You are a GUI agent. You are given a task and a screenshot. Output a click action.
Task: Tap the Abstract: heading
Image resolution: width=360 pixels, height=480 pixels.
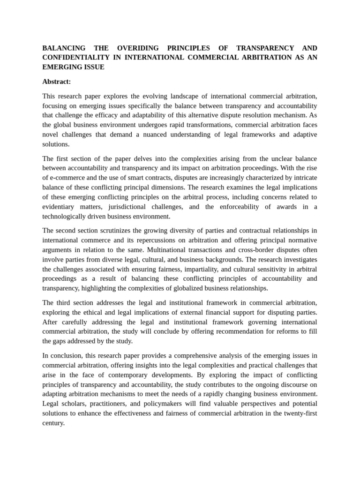(57, 82)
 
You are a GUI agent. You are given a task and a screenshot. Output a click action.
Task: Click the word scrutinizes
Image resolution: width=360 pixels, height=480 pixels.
(113, 231)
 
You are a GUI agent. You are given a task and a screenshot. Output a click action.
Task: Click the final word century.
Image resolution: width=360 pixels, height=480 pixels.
(53, 423)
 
